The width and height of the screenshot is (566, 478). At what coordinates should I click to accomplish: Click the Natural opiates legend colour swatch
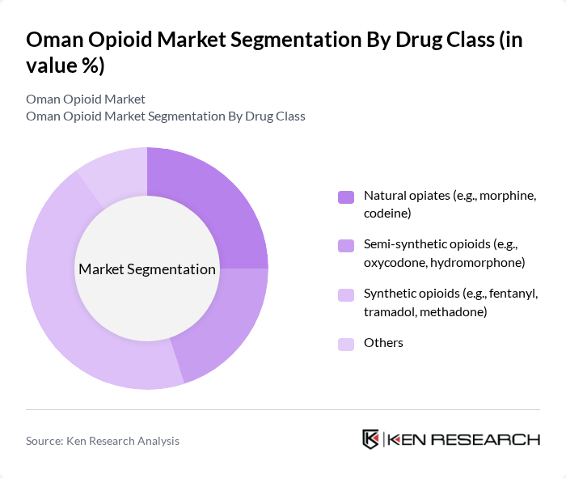346,197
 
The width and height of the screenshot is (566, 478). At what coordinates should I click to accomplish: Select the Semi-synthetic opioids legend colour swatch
346,245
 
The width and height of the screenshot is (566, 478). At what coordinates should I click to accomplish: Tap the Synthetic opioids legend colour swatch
346,294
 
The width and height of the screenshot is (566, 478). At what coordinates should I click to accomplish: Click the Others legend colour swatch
346,344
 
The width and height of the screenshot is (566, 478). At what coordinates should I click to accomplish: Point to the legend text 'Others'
383,343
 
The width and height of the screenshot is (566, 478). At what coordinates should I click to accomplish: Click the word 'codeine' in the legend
388,214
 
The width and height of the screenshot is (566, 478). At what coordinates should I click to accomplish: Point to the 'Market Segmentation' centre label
147,269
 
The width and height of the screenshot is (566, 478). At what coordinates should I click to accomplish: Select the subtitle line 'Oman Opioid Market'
86,99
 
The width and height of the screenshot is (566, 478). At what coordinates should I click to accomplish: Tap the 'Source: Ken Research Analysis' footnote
103,441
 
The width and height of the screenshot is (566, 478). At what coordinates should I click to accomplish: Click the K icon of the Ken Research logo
371,439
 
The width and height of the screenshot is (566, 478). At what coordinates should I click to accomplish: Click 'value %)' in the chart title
65,66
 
